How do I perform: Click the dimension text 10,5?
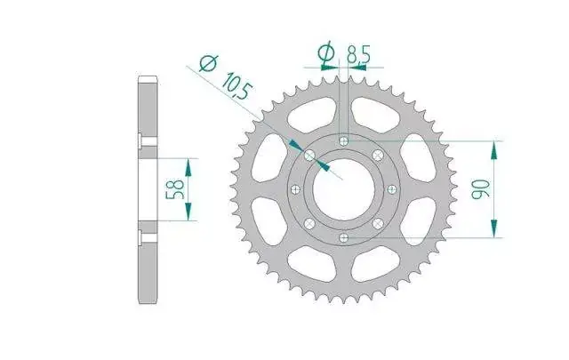tap(236, 86)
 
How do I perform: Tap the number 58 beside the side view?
tap(175, 189)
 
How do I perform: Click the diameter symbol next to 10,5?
tap(209, 63)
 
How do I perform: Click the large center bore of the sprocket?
tap(344, 189)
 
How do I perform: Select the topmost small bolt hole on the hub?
tap(344, 140)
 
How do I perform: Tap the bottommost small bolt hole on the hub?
tap(343, 238)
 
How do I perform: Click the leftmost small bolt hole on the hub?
tap(296, 189)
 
